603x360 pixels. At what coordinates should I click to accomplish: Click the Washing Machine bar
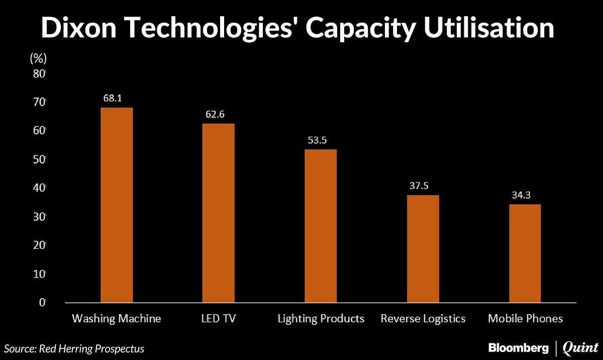coord(117,205)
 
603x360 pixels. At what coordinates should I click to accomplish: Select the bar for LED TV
coord(218,213)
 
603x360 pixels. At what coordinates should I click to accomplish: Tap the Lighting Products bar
coord(321,226)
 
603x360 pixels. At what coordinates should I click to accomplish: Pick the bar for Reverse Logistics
coord(423,249)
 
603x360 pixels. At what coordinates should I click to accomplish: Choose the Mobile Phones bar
coord(525,253)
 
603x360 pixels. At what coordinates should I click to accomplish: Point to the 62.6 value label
coord(214,114)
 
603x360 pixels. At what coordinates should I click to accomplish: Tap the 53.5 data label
coord(317,140)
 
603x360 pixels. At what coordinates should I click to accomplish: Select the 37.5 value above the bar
coord(419,186)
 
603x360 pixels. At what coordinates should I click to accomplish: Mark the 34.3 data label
coord(521,195)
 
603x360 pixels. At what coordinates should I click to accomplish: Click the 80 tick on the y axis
coord(39,73)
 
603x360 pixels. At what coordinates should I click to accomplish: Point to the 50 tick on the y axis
coord(39,159)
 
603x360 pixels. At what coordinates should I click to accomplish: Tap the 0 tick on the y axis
coord(42,303)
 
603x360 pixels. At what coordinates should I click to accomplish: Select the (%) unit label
coord(38,58)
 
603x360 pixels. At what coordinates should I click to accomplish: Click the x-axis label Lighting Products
coord(321,319)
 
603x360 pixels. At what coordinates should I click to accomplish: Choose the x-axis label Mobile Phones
coord(525,319)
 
